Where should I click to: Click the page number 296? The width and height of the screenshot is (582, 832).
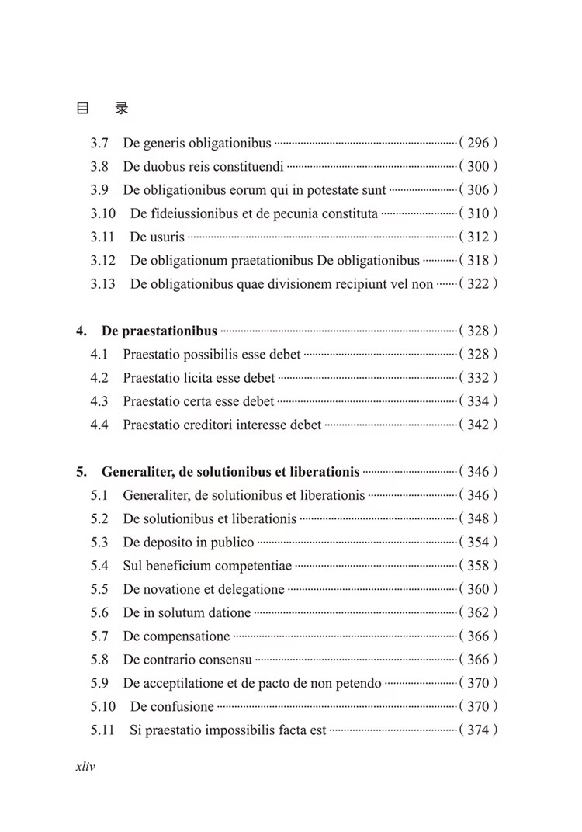click(478, 143)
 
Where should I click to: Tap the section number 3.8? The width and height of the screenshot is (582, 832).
click(99, 166)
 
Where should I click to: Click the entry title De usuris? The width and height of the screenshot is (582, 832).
click(158, 237)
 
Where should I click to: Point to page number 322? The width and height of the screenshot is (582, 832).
click(478, 284)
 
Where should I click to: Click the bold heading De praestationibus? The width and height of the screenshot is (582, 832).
click(159, 331)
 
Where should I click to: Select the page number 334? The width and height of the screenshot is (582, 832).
click(478, 401)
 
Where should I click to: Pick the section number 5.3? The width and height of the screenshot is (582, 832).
click(99, 543)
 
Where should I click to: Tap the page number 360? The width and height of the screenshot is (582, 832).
click(478, 589)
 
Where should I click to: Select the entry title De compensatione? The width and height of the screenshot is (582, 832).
click(176, 636)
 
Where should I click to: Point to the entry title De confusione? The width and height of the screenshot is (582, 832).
click(171, 706)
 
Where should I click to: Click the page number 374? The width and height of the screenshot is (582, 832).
click(478, 730)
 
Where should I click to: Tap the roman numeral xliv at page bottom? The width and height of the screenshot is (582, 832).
click(85, 766)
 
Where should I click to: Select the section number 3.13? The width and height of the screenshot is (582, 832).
click(102, 284)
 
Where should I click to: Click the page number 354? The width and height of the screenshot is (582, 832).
click(478, 543)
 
